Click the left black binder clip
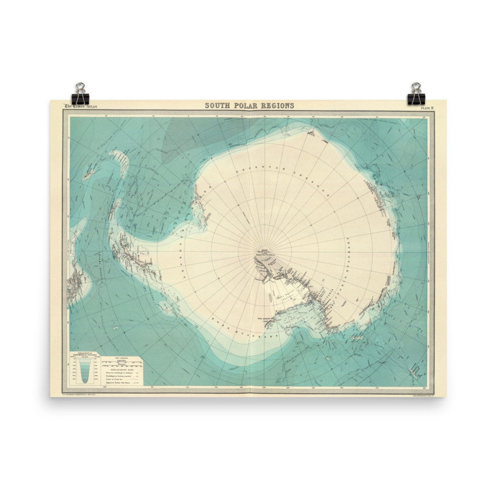80,94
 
